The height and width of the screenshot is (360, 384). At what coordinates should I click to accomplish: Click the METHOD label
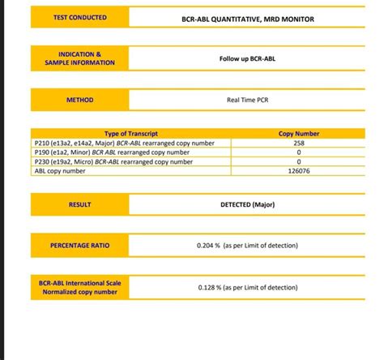point(79,101)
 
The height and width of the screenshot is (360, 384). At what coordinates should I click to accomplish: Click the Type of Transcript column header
point(131,133)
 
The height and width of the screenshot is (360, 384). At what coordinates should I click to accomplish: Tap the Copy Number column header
point(299,133)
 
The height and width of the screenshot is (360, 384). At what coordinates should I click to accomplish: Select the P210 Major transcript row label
point(120,143)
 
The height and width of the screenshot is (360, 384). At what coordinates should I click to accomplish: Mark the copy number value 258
point(299,143)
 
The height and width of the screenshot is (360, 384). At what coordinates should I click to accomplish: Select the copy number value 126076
point(299,171)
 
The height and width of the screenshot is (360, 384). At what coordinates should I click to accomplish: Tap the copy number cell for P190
point(299,152)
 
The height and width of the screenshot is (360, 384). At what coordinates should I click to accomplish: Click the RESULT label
point(79,205)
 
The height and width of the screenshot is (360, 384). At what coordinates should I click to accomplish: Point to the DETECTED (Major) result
point(247,205)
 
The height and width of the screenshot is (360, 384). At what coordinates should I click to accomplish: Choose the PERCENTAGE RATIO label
point(79,244)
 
